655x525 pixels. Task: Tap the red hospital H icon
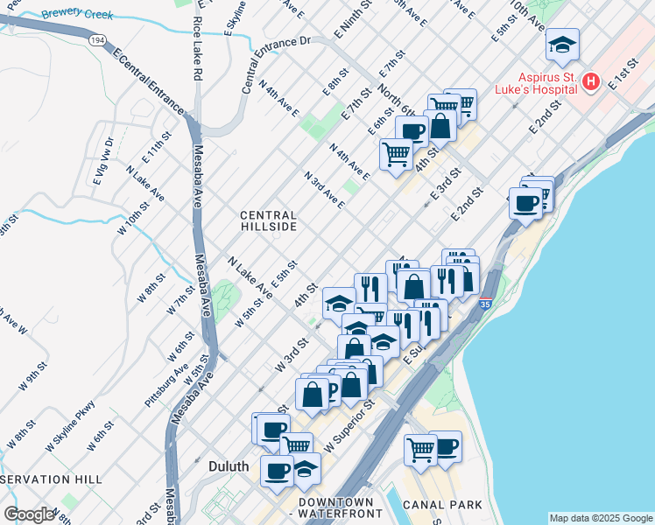591,82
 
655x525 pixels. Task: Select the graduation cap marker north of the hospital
561,44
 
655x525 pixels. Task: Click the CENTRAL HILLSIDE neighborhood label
269,220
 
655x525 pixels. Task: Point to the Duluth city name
229,466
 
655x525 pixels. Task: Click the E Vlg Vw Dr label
102,161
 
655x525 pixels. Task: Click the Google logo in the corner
28,514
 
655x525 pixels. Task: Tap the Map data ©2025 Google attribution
601,518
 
